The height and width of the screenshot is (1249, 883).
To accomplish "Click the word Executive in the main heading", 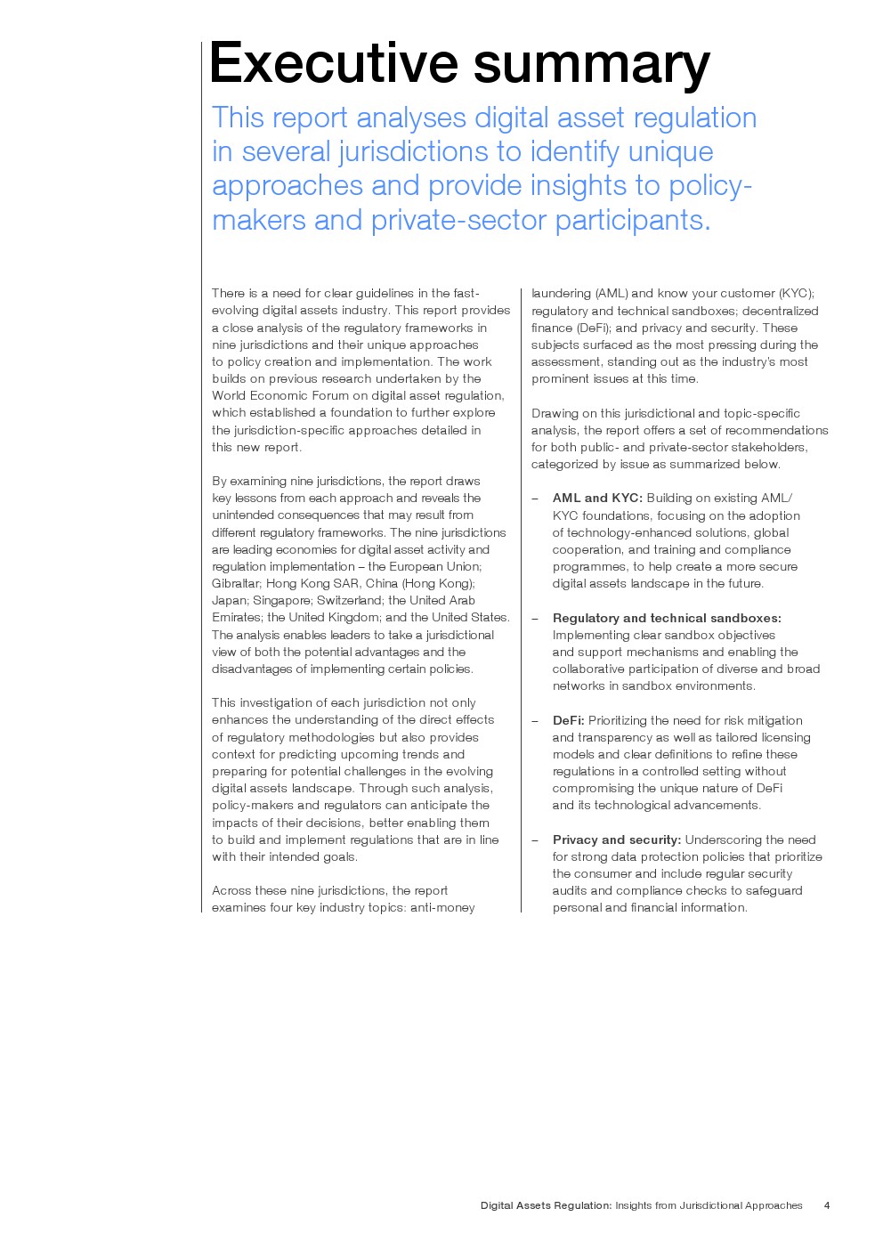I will coord(333,63).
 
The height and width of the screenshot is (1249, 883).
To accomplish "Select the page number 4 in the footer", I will coord(827,1205).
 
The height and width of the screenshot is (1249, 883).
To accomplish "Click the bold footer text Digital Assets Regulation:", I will coord(546,1205).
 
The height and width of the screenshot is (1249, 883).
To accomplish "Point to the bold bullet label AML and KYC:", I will coord(597,498).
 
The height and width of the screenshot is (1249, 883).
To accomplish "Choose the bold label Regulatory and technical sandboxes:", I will coord(667,618).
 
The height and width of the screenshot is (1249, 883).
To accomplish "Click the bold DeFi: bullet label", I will coord(568,720).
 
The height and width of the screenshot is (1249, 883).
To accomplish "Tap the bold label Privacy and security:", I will coord(616,839).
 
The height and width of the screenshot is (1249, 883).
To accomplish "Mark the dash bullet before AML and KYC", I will coord(535,499).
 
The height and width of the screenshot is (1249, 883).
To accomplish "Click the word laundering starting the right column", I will coord(561,293).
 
